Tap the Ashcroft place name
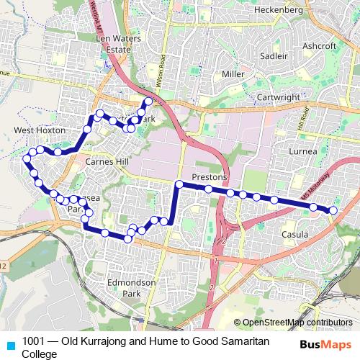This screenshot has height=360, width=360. pyautogui.click(x=320, y=45)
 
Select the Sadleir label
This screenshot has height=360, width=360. pyautogui.click(x=274, y=54)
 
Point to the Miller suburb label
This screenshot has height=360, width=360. pyautogui.click(x=233, y=74)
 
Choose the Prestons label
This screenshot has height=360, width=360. pyautogui.click(x=210, y=177)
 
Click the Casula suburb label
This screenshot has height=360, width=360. pyautogui.click(x=295, y=235)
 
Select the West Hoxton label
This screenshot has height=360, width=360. pyautogui.click(x=35, y=131)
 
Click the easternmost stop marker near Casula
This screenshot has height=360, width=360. pyautogui.click(x=333, y=210)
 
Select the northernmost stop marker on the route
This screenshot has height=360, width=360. pyautogui.click(x=148, y=101)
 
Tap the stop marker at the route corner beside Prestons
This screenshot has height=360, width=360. pyautogui.click(x=179, y=185)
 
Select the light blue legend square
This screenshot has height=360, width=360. pyautogui.click(x=9, y=344)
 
